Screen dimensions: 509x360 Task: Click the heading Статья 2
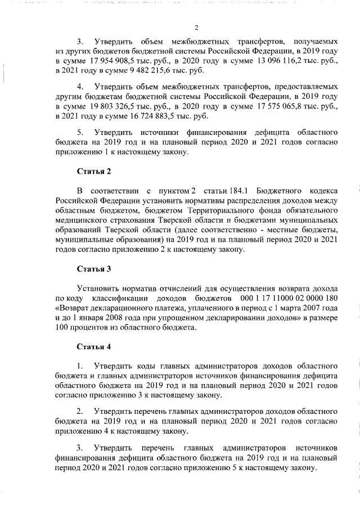[93, 172]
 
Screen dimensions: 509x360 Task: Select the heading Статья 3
[93, 269]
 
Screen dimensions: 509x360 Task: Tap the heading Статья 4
[93, 346]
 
